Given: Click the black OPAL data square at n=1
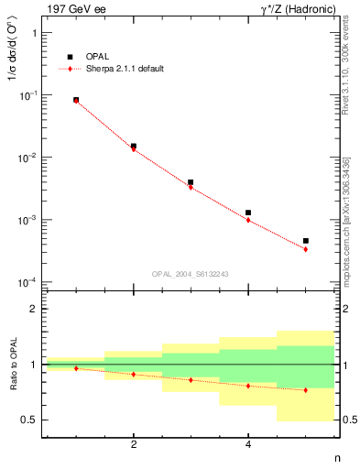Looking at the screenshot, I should (76, 99).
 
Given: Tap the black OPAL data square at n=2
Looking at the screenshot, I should (134, 146).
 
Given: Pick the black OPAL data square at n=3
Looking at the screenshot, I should (191, 182).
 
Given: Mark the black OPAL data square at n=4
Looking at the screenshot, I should (248, 213).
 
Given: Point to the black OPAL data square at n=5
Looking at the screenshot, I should (306, 241).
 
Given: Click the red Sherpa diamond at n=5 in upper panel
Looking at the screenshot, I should (306, 249).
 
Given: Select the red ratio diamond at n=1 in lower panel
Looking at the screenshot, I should (76, 368).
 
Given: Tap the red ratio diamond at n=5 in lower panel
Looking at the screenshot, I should (306, 390).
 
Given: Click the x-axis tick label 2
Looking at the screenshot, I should (134, 444).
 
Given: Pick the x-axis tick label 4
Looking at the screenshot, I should (248, 444).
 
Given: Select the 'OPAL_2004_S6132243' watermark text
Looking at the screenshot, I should (191, 273).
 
